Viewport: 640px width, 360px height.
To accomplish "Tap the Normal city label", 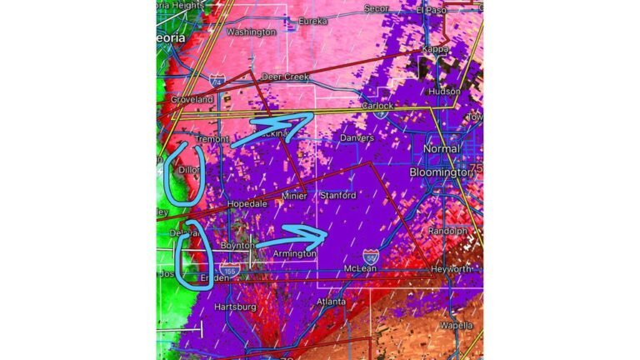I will pos(441,148).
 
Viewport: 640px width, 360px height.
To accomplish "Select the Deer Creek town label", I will pos(285,77).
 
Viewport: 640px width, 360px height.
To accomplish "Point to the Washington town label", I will pos(251,32).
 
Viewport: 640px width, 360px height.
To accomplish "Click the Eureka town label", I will pos(313,20).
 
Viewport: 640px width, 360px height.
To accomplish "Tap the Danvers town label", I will pos(357,137).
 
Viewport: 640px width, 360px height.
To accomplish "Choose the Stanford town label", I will pos(337,195).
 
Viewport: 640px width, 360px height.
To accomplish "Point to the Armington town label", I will pos(294,253).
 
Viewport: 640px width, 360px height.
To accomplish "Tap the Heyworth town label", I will pos(451,269).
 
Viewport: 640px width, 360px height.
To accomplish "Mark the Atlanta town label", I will pos(331,301).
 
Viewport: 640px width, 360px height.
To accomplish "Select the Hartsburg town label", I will pos(234,307).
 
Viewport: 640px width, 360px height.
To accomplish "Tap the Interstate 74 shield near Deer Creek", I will pos(217,81).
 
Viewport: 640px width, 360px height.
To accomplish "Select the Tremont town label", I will pos(210,138).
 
